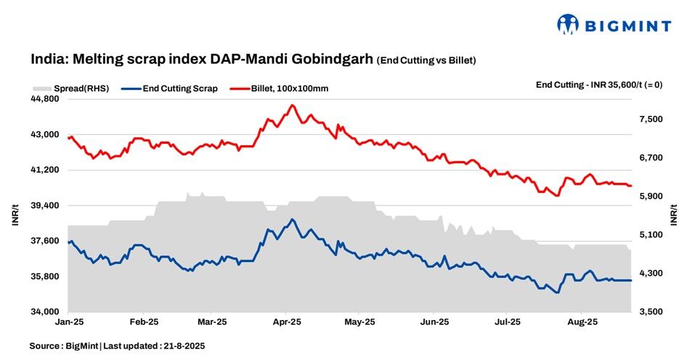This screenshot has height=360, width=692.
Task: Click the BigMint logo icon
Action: [569, 25]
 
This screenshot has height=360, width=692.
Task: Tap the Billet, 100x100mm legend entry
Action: [290, 89]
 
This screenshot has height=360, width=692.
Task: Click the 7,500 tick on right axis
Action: [652, 119]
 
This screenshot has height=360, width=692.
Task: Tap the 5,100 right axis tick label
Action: [652, 235]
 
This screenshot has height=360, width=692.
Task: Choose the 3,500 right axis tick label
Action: [652, 312]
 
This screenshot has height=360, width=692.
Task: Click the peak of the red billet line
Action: [292, 105]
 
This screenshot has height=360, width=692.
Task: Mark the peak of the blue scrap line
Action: [292, 219]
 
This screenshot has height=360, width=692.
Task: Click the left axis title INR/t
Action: [15, 216]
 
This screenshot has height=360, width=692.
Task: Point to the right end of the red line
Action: [631, 186]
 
